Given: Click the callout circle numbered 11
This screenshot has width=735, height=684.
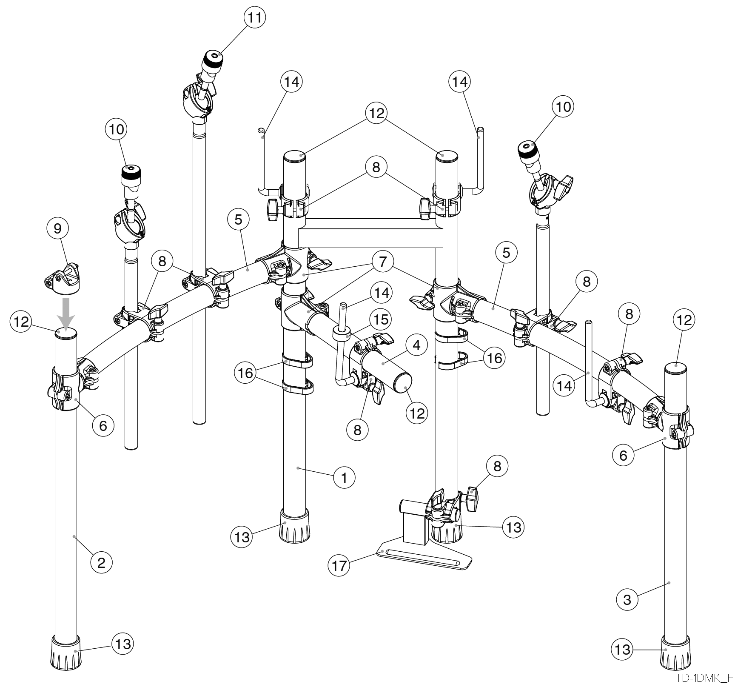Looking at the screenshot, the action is [x=254, y=17].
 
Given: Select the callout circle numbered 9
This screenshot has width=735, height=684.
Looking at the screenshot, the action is [x=57, y=228].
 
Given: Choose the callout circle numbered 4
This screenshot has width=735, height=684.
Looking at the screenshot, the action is [x=417, y=345].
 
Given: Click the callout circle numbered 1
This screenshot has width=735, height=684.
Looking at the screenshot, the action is [x=344, y=478].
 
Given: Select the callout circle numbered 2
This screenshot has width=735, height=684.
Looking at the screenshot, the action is [x=101, y=563].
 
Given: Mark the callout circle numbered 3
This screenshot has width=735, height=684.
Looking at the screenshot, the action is [x=627, y=600].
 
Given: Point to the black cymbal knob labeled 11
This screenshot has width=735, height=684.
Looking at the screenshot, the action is [x=212, y=59].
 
